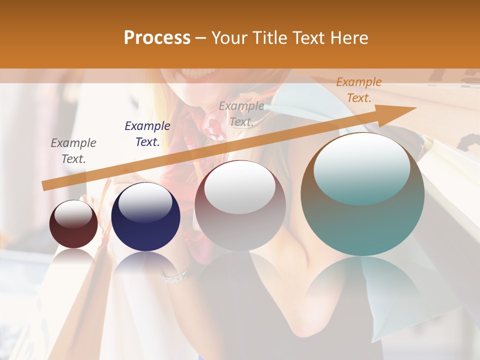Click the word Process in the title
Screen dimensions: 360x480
[157, 37]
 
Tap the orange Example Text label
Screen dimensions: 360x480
[359, 90]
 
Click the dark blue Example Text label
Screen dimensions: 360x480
[147, 134]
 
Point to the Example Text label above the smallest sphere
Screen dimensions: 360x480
[73, 151]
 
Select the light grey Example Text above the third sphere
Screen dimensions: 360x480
[241, 114]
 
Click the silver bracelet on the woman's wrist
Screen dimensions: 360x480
[175, 275]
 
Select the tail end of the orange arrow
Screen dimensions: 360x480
[45, 186]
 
